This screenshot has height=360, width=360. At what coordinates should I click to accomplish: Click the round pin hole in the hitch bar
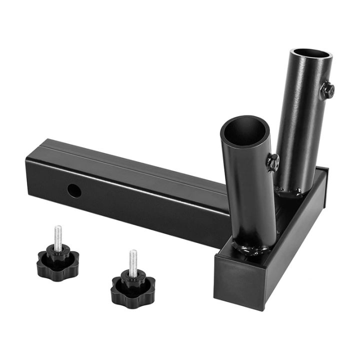point(74,190)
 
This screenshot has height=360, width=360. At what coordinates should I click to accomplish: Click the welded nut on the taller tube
point(327,90)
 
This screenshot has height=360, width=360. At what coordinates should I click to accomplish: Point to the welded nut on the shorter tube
point(272,162)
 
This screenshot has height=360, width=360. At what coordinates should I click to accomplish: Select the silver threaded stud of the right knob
point(132,262)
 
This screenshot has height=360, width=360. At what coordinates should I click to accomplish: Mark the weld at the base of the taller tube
point(290,191)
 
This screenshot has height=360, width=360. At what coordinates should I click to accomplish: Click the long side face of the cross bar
point(295,245)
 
